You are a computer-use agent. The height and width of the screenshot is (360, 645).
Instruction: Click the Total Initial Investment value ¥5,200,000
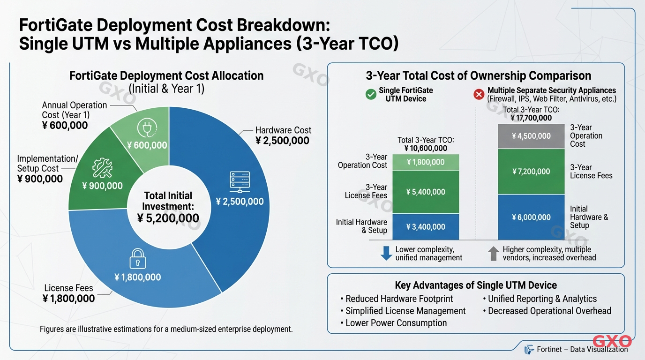click(x=168, y=218)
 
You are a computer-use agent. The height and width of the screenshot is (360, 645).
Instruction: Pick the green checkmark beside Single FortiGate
click(x=371, y=94)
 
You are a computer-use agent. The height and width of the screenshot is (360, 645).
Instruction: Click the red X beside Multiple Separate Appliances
click(x=479, y=94)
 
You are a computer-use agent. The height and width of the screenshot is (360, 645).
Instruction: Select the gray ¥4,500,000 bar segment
click(x=531, y=136)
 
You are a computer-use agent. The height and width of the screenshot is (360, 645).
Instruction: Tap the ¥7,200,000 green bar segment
click(x=531, y=172)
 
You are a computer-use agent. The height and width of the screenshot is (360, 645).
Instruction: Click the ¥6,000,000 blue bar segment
click(x=531, y=217)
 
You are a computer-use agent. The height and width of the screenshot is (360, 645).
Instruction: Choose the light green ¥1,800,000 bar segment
click(x=426, y=162)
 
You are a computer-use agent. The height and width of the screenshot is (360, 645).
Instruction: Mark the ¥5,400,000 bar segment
click(x=426, y=192)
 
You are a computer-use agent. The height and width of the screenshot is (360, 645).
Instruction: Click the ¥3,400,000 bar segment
click(x=426, y=227)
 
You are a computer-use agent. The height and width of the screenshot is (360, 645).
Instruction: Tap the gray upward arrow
click(x=493, y=254)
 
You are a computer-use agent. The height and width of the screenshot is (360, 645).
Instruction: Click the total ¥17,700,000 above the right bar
click(x=531, y=118)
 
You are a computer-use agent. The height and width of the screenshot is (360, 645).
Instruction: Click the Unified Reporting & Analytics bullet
click(x=542, y=299)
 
